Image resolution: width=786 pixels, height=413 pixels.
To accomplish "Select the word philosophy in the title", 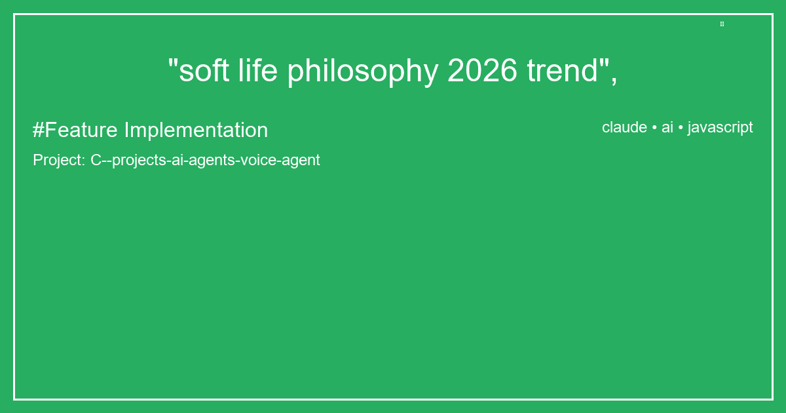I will point(363,72).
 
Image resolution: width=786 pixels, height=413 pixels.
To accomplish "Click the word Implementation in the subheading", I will point(196,130).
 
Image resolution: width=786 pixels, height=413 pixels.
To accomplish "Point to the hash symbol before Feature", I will point(38,130).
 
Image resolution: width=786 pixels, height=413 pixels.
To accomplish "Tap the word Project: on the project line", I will point(59,160).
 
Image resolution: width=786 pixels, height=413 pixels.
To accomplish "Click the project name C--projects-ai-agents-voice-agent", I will point(205,160).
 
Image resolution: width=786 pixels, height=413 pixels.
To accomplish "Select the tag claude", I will point(624,127).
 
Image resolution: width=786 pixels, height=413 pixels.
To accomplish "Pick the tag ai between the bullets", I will point(667,127).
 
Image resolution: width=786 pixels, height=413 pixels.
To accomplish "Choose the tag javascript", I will point(720,128).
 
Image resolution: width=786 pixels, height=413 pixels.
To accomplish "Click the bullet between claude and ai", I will point(654,128).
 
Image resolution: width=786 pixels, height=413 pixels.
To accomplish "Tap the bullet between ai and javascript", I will point(681,128).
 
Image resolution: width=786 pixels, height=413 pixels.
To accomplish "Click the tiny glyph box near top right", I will point(722,24).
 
